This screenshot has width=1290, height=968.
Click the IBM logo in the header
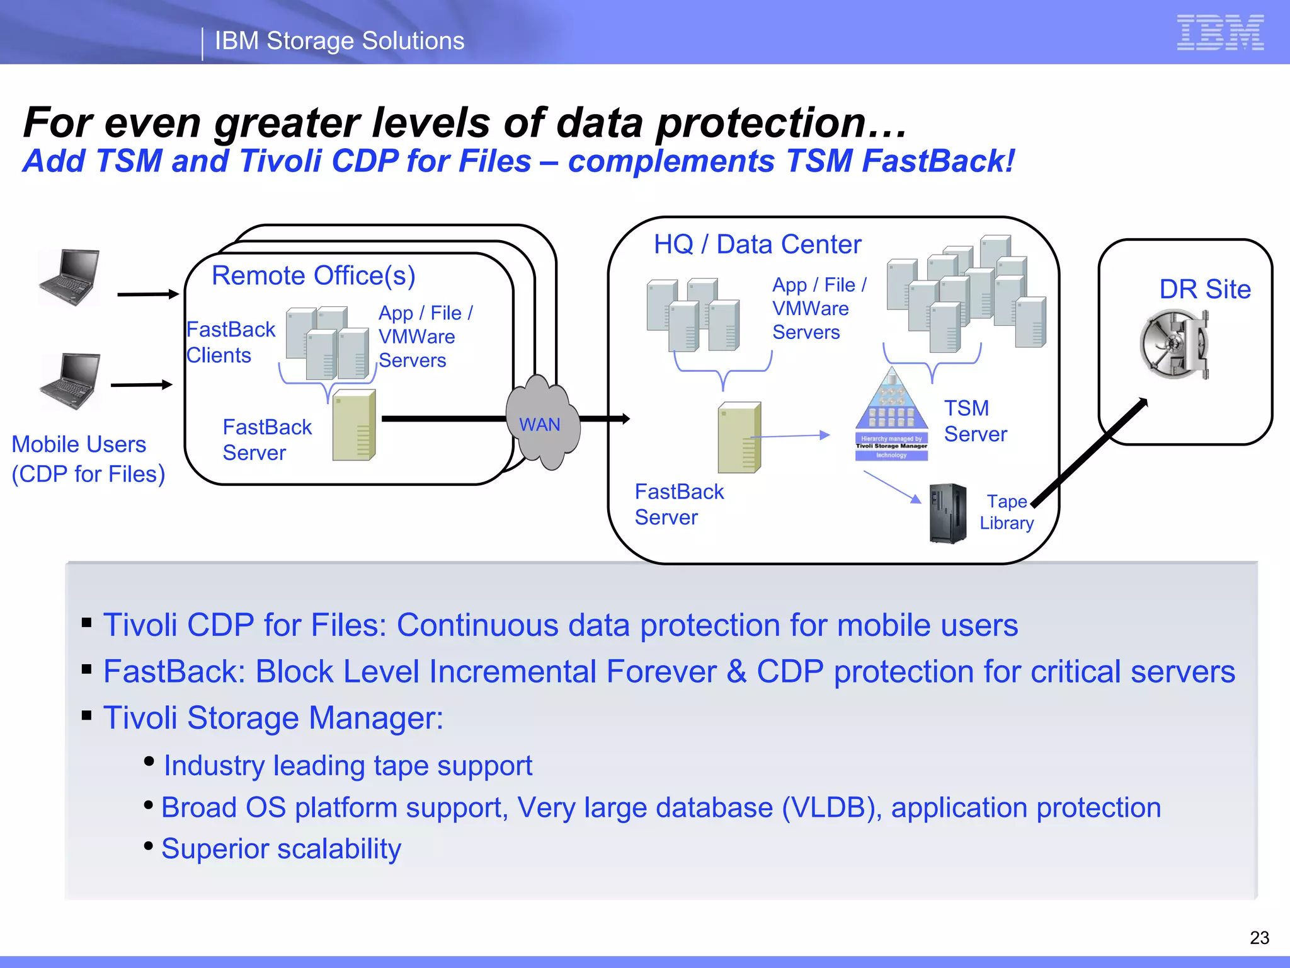pos(1220,33)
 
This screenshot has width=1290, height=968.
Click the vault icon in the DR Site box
pos(1175,344)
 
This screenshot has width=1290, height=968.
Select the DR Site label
pos(1204,289)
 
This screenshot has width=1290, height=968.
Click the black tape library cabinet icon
pos(947,513)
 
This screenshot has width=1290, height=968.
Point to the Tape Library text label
pos(1007,512)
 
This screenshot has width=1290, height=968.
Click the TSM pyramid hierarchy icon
pos(891,416)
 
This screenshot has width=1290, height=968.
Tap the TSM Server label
pos(975,421)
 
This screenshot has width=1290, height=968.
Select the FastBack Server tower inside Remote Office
pos(354,425)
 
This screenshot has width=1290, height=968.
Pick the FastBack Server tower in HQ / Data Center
pos(739,437)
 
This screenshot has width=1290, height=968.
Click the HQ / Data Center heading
pos(757,245)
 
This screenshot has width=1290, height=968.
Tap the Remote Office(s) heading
pos(313,276)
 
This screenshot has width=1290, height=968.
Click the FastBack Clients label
pos(230,342)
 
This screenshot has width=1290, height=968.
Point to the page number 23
pos(1259,938)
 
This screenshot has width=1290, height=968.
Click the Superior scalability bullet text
pos(281,849)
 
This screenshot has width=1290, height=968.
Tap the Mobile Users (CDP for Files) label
pos(88,459)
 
